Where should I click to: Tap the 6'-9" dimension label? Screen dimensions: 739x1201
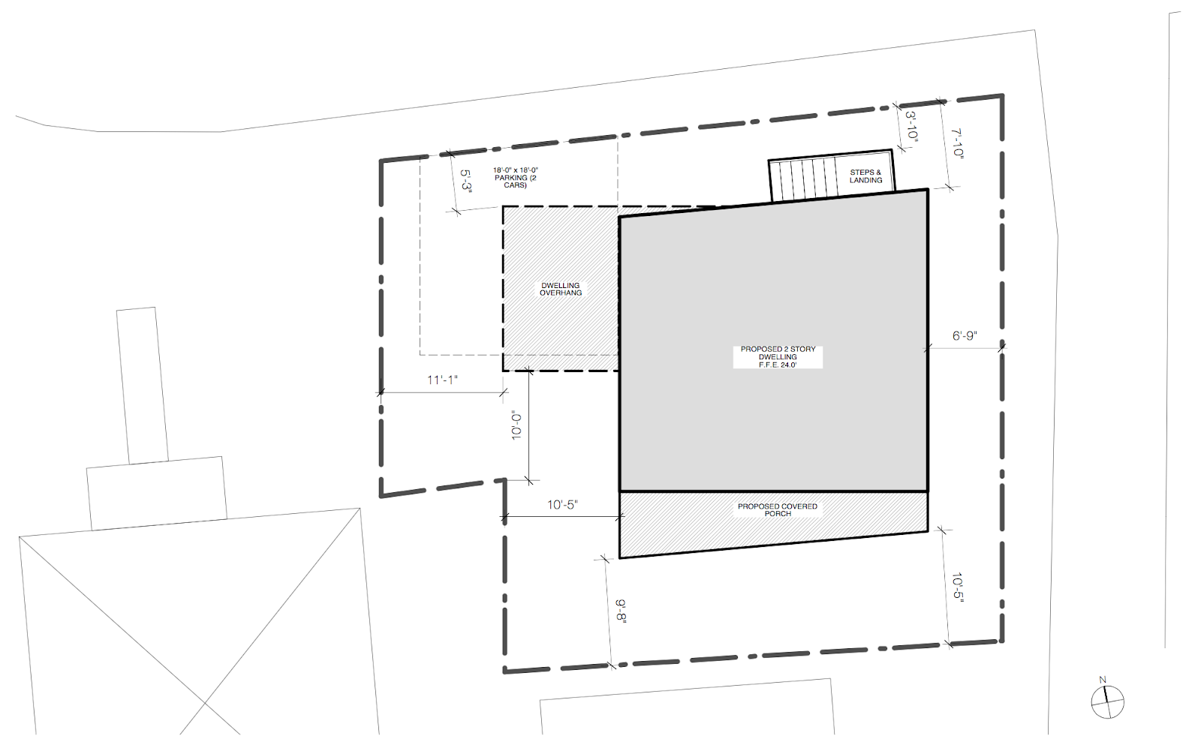pyautogui.click(x=965, y=335)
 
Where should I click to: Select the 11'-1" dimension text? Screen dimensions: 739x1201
pyautogui.click(x=442, y=380)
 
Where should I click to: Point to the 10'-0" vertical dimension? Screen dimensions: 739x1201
pyautogui.click(x=516, y=425)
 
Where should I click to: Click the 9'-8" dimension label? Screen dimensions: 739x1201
pyautogui.click(x=621, y=611)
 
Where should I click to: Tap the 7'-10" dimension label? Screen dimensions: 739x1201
pyautogui.click(x=956, y=143)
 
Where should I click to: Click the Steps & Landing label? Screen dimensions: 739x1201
pyautogui.click(x=865, y=176)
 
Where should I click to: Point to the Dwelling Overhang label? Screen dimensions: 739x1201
pyautogui.click(x=561, y=289)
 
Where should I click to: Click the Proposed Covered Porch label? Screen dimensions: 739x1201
pyautogui.click(x=778, y=509)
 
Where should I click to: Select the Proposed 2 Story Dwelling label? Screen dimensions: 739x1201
pyautogui.click(x=778, y=353)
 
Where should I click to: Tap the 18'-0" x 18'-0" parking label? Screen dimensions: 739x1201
pyautogui.click(x=516, y=177)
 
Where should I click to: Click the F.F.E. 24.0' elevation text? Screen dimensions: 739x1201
pyautogui.click(x=778, y=365)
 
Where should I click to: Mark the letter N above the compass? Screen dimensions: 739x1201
pyautogui.click(x=1103, y=680)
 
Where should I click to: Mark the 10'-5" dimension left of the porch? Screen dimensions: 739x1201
pyautogui.click(x=562, y=505)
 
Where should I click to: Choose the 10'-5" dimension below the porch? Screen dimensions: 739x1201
pyautogui.click(x=956, y=588)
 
